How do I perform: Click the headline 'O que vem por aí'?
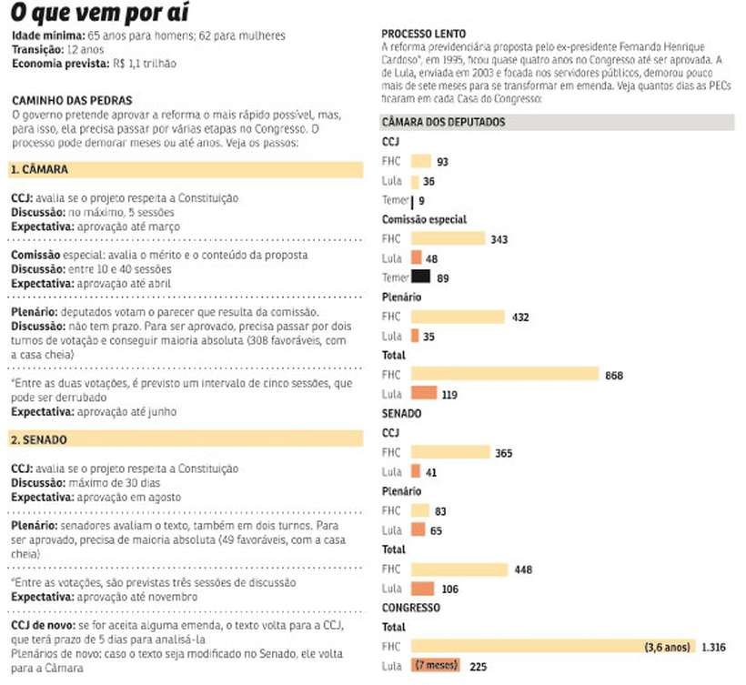99,13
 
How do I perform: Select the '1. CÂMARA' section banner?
186,170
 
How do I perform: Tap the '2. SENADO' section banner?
186,439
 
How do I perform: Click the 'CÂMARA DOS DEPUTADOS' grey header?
557,122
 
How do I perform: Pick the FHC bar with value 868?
505,374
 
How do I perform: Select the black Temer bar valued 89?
421,277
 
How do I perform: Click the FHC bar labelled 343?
449,237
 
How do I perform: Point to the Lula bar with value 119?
424,393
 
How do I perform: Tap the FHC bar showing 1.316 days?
553,646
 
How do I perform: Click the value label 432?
520,317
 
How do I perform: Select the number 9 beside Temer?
421,201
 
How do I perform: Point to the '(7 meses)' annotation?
437,665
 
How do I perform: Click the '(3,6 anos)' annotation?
668,647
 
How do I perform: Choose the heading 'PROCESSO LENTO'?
423,34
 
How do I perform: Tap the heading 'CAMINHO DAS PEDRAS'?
72,100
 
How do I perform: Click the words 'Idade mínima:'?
48,35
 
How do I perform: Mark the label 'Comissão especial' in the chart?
424,219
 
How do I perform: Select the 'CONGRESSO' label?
411,608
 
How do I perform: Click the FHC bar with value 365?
450,451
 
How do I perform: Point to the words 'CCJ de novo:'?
44,625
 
